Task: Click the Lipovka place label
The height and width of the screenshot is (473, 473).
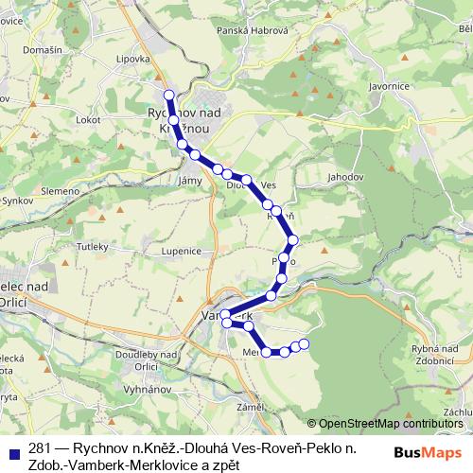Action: tap(134, 58)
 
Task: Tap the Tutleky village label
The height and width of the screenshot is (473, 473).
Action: tap(93, 245)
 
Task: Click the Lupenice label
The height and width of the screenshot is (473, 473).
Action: tap(183, 252)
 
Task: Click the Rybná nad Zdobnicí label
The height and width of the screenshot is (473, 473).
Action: tap(435, 356)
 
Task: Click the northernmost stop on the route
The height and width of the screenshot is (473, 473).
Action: tap(169, 96)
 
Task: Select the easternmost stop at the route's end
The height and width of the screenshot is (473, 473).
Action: tap(305, 343)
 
